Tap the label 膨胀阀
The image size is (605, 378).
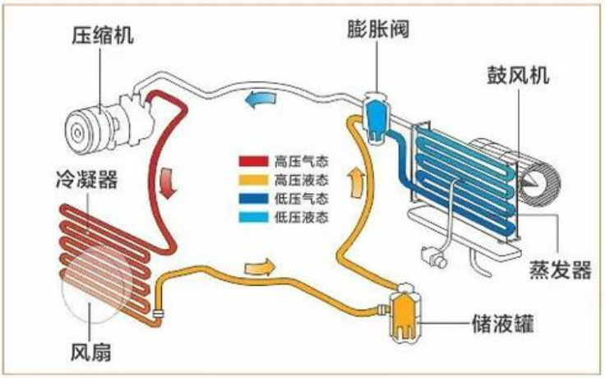click(378, 30)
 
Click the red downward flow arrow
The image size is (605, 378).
click(168, 183)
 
